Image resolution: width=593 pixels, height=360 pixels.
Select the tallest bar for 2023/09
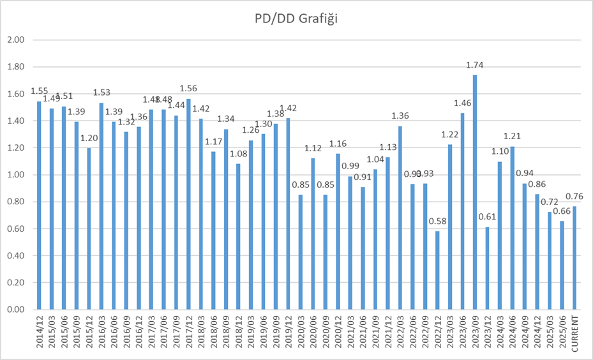pyautogui.click(x=475, y=191)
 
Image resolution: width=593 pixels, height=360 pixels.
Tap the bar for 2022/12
pyautogui.click(x=437, y=270)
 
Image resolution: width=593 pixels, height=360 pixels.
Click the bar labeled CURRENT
pyautogui.click(x=574, y=258)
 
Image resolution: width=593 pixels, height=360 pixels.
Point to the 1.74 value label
pyautogui.click(x=475, y=65)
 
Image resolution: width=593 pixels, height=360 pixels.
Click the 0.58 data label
pyautogui.click(x=437, y=221)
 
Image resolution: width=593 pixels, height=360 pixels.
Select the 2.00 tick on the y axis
pyautogui.click(x=15, y=40)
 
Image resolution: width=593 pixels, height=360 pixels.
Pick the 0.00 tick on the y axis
pyautogui.click(x=15, y=310)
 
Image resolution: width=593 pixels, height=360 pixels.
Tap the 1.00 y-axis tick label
pyautogui.click(x=15, y=175)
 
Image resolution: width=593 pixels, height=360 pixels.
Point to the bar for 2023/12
pyautogui.click(x=487, y=268)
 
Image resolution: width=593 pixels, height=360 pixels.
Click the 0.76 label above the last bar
pyautogui.click(x=574, y=197)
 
